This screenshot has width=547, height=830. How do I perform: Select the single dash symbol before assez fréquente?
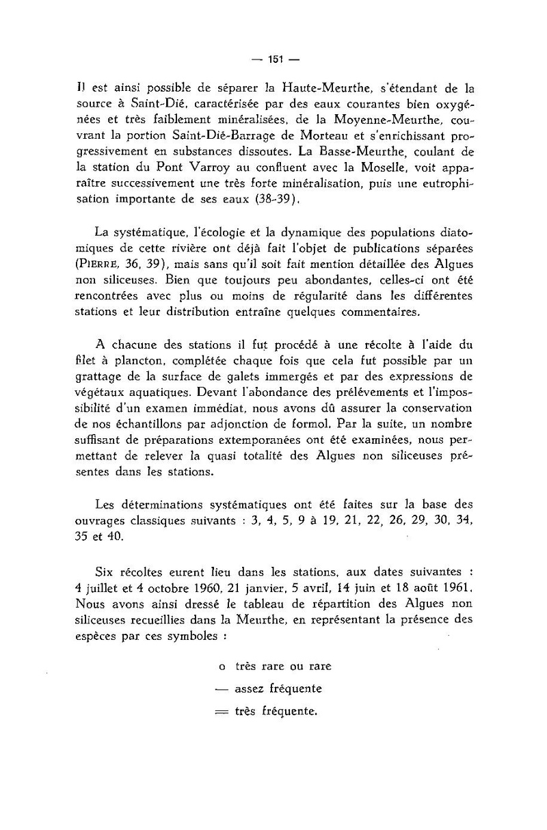pyautogui.click(x=220, y=688)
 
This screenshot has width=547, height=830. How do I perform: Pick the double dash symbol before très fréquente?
pyautogui.click(x=220, y=712)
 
